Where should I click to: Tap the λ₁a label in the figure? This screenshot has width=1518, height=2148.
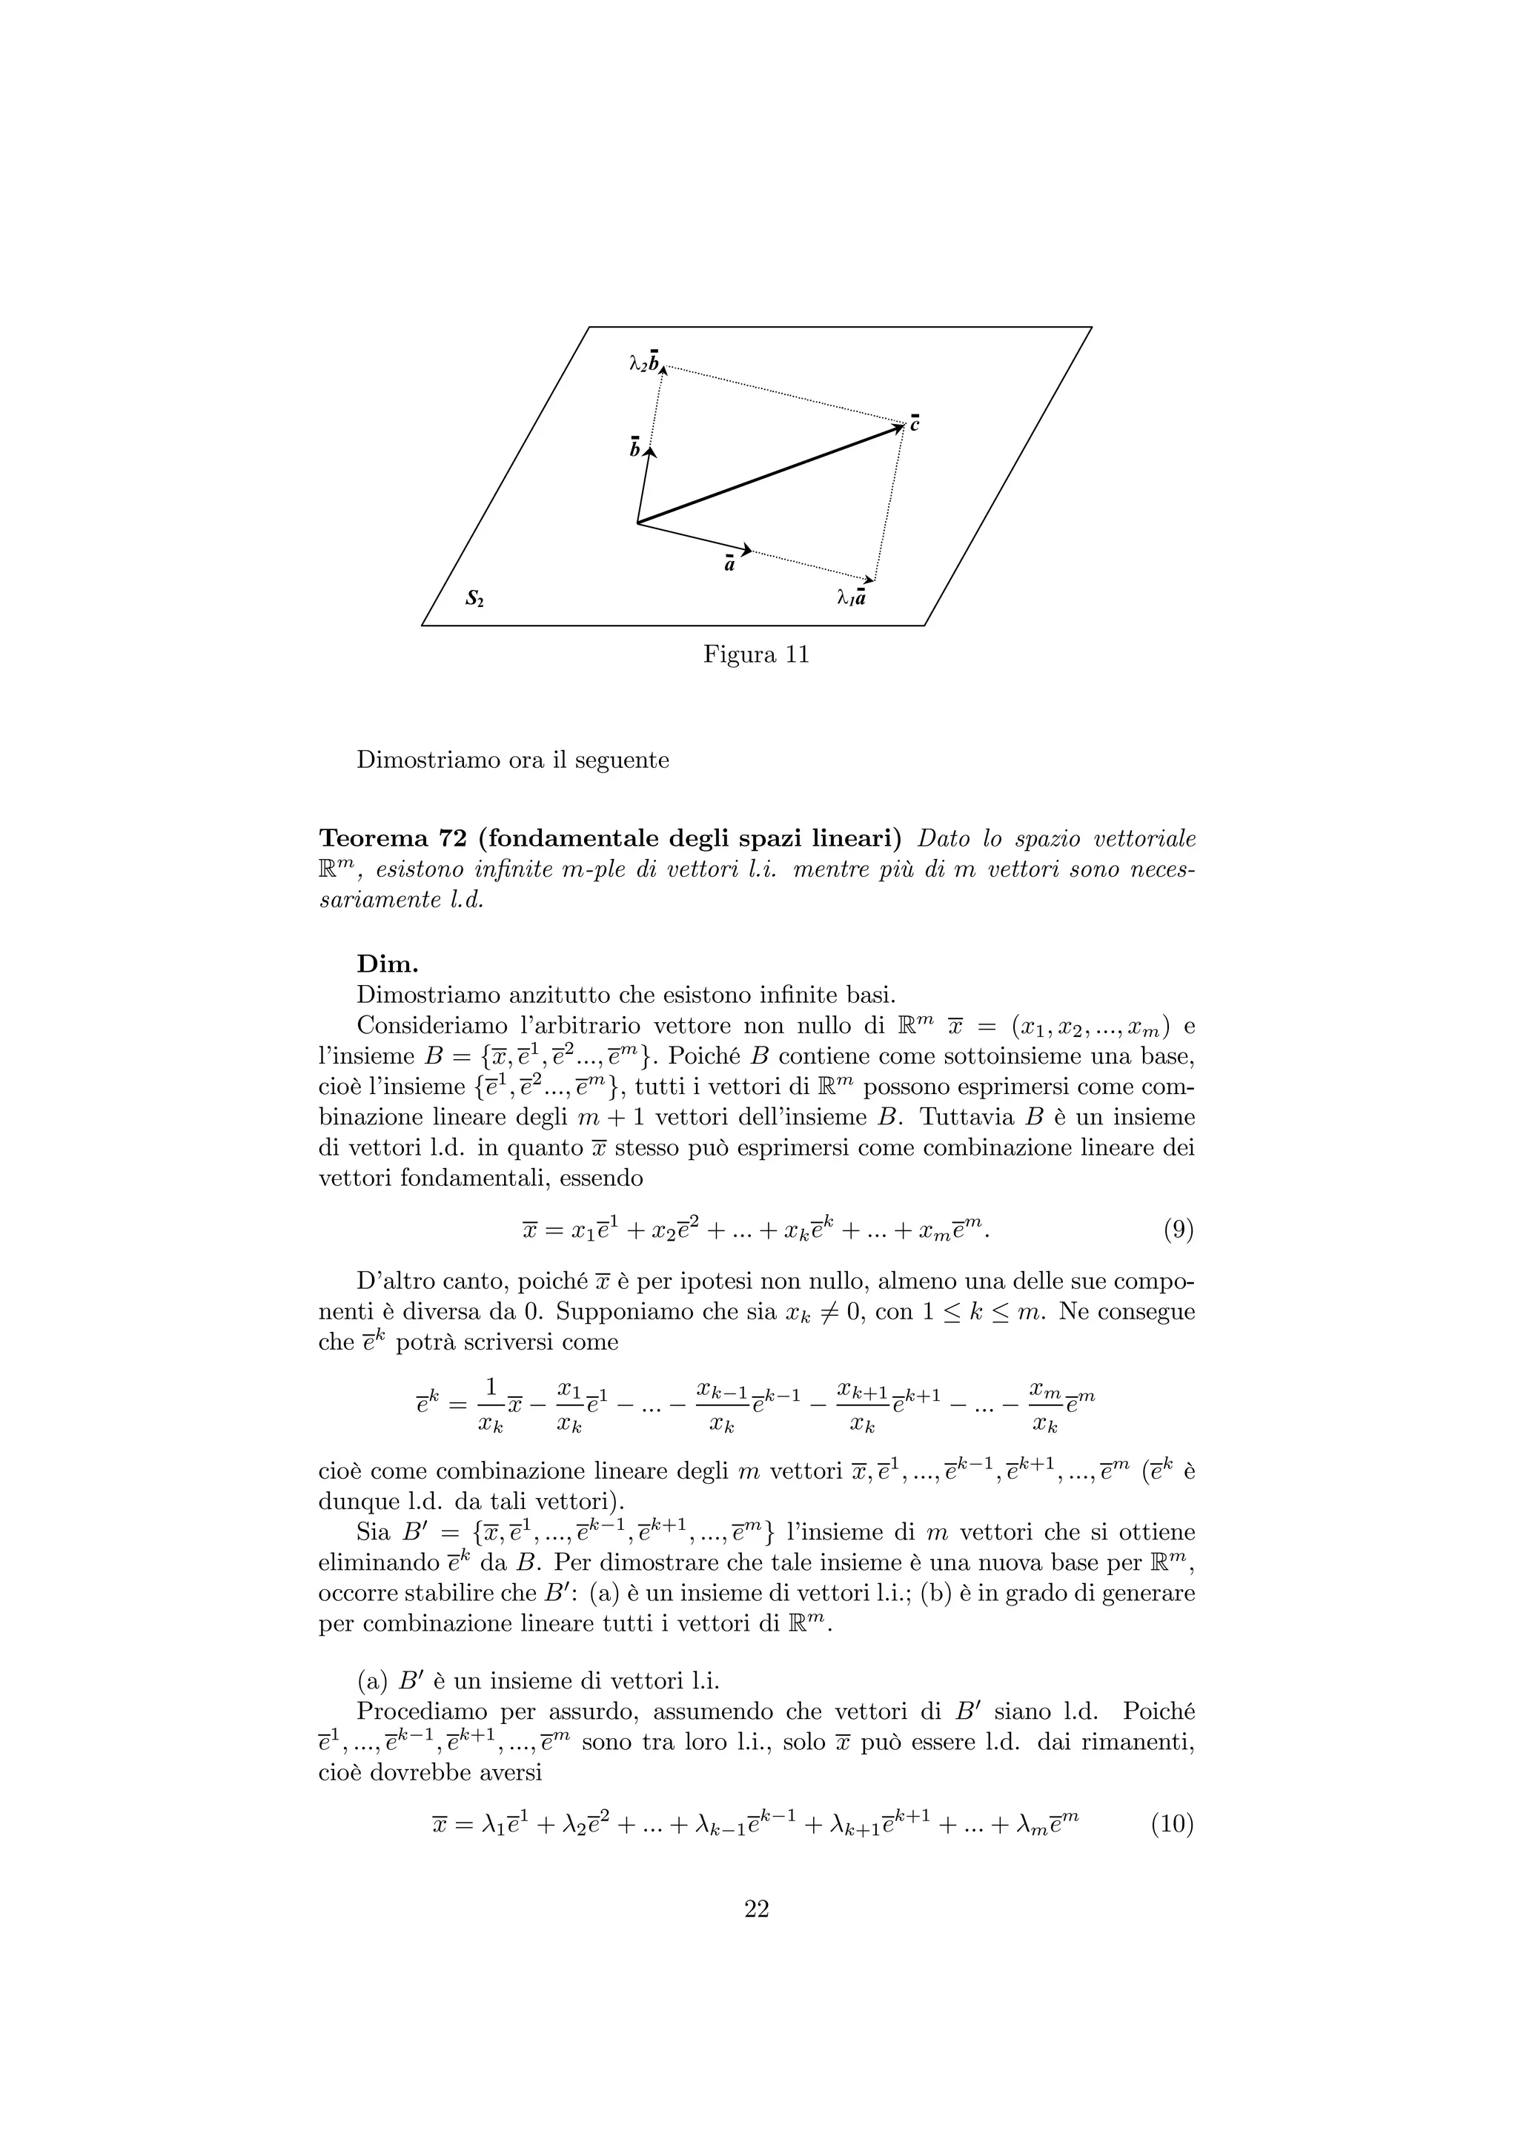(x=851, y=596)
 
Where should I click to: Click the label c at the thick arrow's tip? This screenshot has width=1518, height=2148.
(x=915, y=423)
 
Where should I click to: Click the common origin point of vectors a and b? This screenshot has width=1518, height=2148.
(x=637, y=523)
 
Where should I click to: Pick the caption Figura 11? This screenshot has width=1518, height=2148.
(x=756, y=655)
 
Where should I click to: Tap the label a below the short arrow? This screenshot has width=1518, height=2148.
(x=729, y=564)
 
